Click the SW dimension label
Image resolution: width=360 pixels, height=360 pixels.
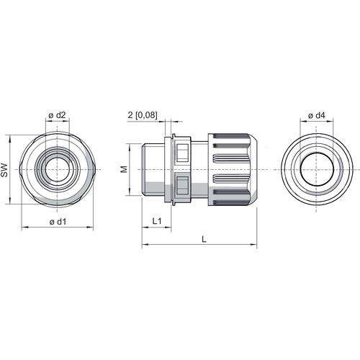pyautogui.click(x=4, y=171)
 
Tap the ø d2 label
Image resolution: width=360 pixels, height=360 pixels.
pyautogui.click(x=57, y=115)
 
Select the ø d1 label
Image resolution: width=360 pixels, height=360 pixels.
pyautogui.click(x=58, y=222)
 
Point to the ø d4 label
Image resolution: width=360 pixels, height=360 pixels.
pyautogui.click(x=316, y=115)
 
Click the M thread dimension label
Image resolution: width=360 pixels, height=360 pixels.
pyautogui.click(x=124, y=169)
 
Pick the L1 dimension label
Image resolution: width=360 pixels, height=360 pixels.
pyautogui.click(x=157, y=221)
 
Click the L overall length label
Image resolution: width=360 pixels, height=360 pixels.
pyautogui.click(x=204, y=239)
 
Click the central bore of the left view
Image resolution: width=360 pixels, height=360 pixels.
pyautogui.click(x=57, y=169)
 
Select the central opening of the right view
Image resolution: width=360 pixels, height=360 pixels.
pyautogui.click(x=317, y=169)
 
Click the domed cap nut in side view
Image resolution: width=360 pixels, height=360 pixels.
pyautogui.click(x=233, y=169)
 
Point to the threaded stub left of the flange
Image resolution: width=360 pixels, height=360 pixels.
pyautogui.click(x=153, y=169)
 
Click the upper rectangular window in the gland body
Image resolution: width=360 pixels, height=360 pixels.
pyautogui.click(x=182, y=153)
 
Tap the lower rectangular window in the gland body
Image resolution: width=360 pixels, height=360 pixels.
pyautogui.click(x=182, y=185)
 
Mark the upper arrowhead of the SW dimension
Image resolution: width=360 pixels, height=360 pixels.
pyautogui.click(x=10, y=138)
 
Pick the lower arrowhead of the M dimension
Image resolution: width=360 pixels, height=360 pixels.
pyautogui.click(x=130, y=192)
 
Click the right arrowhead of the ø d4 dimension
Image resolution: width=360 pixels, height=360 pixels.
pyautogui.click(x=330, y=121)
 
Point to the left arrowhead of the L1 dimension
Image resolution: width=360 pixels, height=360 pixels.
pyautogui.click(x=145, y=227)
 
